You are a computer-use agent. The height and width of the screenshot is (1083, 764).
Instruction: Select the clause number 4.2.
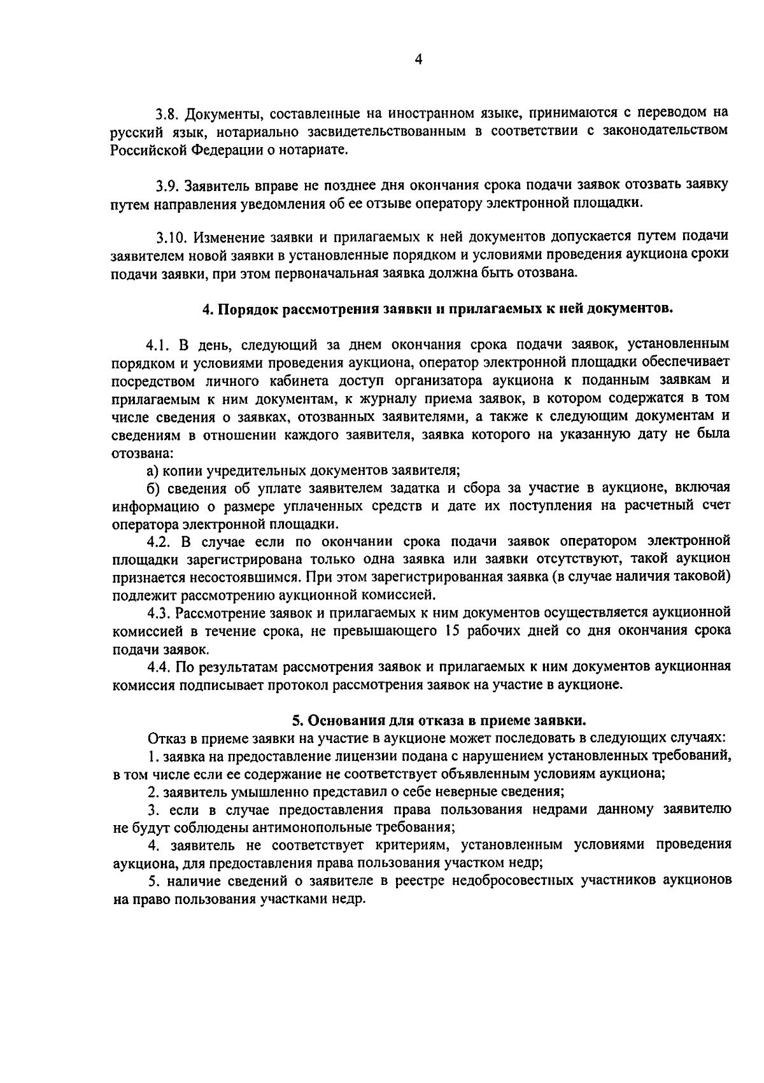point(159,541)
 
